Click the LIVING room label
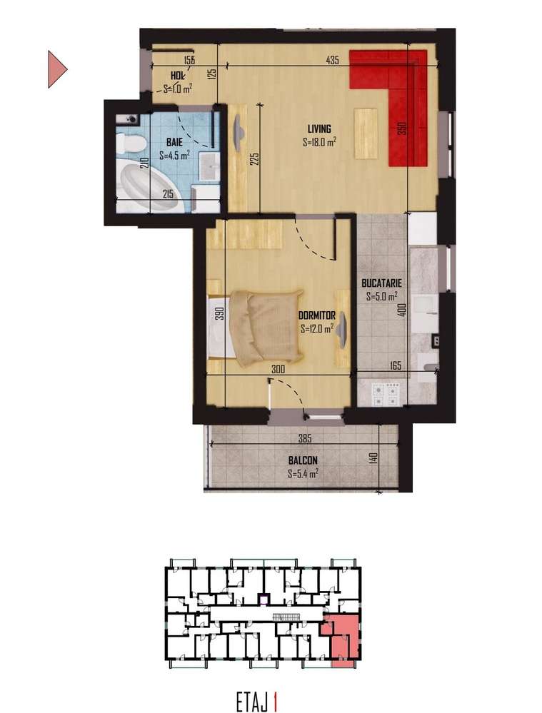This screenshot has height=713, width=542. pos(319,129)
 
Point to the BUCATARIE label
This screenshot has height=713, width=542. pos(381,283)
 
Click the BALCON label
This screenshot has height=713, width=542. pos(303,460)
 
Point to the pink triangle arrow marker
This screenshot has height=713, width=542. pos(56,69)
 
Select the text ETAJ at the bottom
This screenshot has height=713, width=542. pos(251,702)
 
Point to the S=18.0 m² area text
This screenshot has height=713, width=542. pos(319,141)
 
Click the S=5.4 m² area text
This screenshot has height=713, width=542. pos(303,473)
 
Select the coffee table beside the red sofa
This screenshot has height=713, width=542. pos(366,133)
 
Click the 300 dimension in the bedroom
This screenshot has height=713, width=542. pos(278,369)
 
